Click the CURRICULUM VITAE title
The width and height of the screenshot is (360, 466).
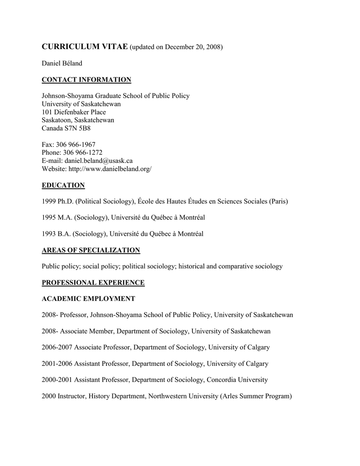pos(85,47)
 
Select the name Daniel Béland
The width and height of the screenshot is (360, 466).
pos(62,63)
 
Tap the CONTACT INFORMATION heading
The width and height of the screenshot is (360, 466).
pos(86,80)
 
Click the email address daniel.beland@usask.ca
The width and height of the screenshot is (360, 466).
pos(99,161)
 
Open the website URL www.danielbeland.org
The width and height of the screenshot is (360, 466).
pos(110,169)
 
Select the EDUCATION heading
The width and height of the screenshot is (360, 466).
pos(63,185)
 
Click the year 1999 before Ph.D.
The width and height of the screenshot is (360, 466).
pos(49,201)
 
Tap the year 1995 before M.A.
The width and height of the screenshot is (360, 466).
pos(49,218)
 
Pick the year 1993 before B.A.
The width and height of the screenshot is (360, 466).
pos(49,234)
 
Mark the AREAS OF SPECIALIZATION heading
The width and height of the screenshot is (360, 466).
pos(91,250)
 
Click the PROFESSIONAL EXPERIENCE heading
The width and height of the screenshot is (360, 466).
pos(93,283)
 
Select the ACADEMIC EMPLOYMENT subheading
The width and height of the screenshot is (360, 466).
pos(88,299)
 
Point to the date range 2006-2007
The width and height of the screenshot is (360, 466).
pos(57,347)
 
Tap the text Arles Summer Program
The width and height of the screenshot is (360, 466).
pos(255,396)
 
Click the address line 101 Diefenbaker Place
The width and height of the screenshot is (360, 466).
pos(74,112)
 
